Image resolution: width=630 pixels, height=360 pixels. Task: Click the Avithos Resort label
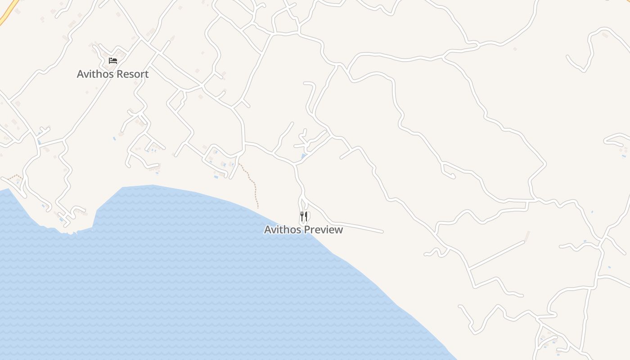click(x=112, y=74)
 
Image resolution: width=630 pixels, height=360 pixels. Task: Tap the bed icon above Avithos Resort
click(x=112, y=61)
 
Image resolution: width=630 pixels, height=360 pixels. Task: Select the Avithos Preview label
click(x=303, y=229)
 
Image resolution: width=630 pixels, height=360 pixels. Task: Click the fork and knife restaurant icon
click(x=304, y=217)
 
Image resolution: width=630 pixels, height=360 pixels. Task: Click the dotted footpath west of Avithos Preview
click(x=253, y=184)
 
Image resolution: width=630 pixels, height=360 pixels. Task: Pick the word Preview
click(x=323, y=229)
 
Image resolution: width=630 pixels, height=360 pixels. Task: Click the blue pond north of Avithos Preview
click(x=304, y=157)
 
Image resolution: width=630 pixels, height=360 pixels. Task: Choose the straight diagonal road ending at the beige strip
click(x=495, y=255)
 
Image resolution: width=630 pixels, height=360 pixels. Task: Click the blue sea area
click(x=180, y=279)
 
